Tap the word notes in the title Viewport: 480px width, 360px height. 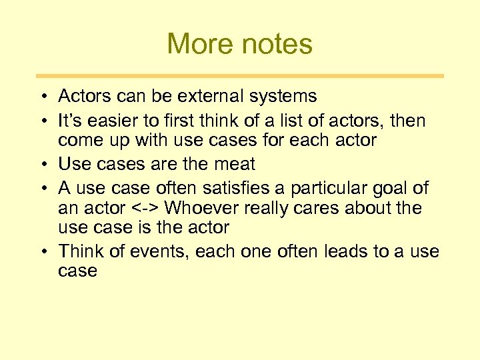pos(275,45)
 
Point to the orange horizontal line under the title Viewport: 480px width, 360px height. pos(240,76)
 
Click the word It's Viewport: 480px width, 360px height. pos(69,121)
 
